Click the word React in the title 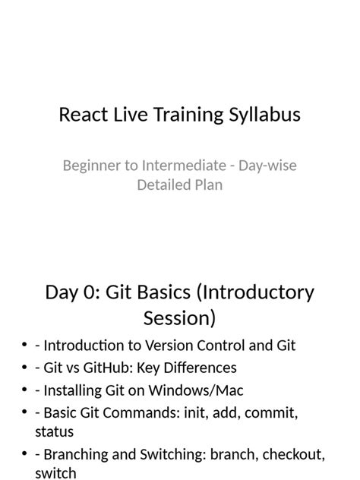click(82, 115)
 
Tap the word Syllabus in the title click(264, 115)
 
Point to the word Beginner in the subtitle click(91, 165)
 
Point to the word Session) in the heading click(179, 317)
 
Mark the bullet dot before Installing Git click(24, 391)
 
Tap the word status click(54, 431)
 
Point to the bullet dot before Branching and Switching click(24, 456)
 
